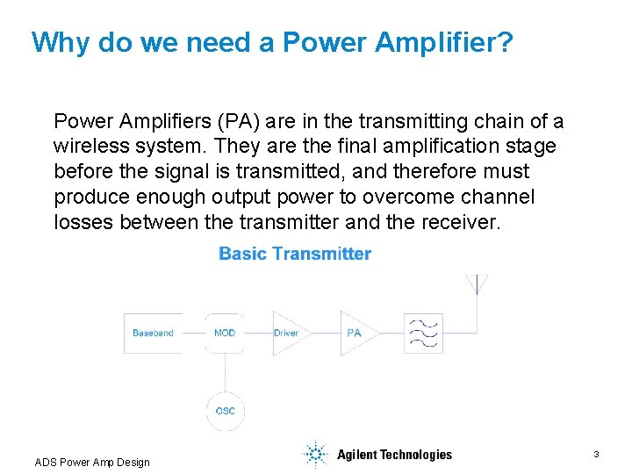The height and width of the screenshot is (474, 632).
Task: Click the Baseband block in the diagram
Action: click(153, 333)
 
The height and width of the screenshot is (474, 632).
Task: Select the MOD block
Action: click(225, 333)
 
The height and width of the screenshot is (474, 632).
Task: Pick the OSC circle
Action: click(225, 411)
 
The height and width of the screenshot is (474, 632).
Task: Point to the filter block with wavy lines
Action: click(423, 334)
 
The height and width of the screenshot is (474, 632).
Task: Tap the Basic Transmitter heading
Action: click(295, 255)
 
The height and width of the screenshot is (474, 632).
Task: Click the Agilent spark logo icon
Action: click(313, 454)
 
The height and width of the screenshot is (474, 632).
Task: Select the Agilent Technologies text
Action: click(394, 455)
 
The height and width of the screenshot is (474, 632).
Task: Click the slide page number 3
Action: click(596, 454)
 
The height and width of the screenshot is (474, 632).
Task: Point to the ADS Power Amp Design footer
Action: click(92, 463)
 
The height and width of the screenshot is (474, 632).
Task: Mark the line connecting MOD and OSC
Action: click(225, 372)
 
